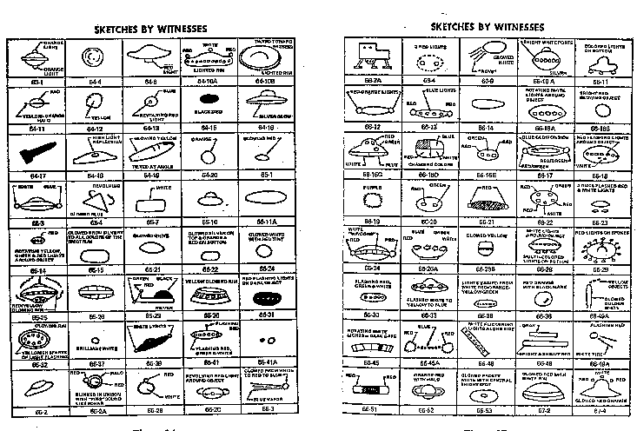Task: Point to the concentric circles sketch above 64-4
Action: tap(90, 59)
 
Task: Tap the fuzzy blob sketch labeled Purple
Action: tap(374, 203)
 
